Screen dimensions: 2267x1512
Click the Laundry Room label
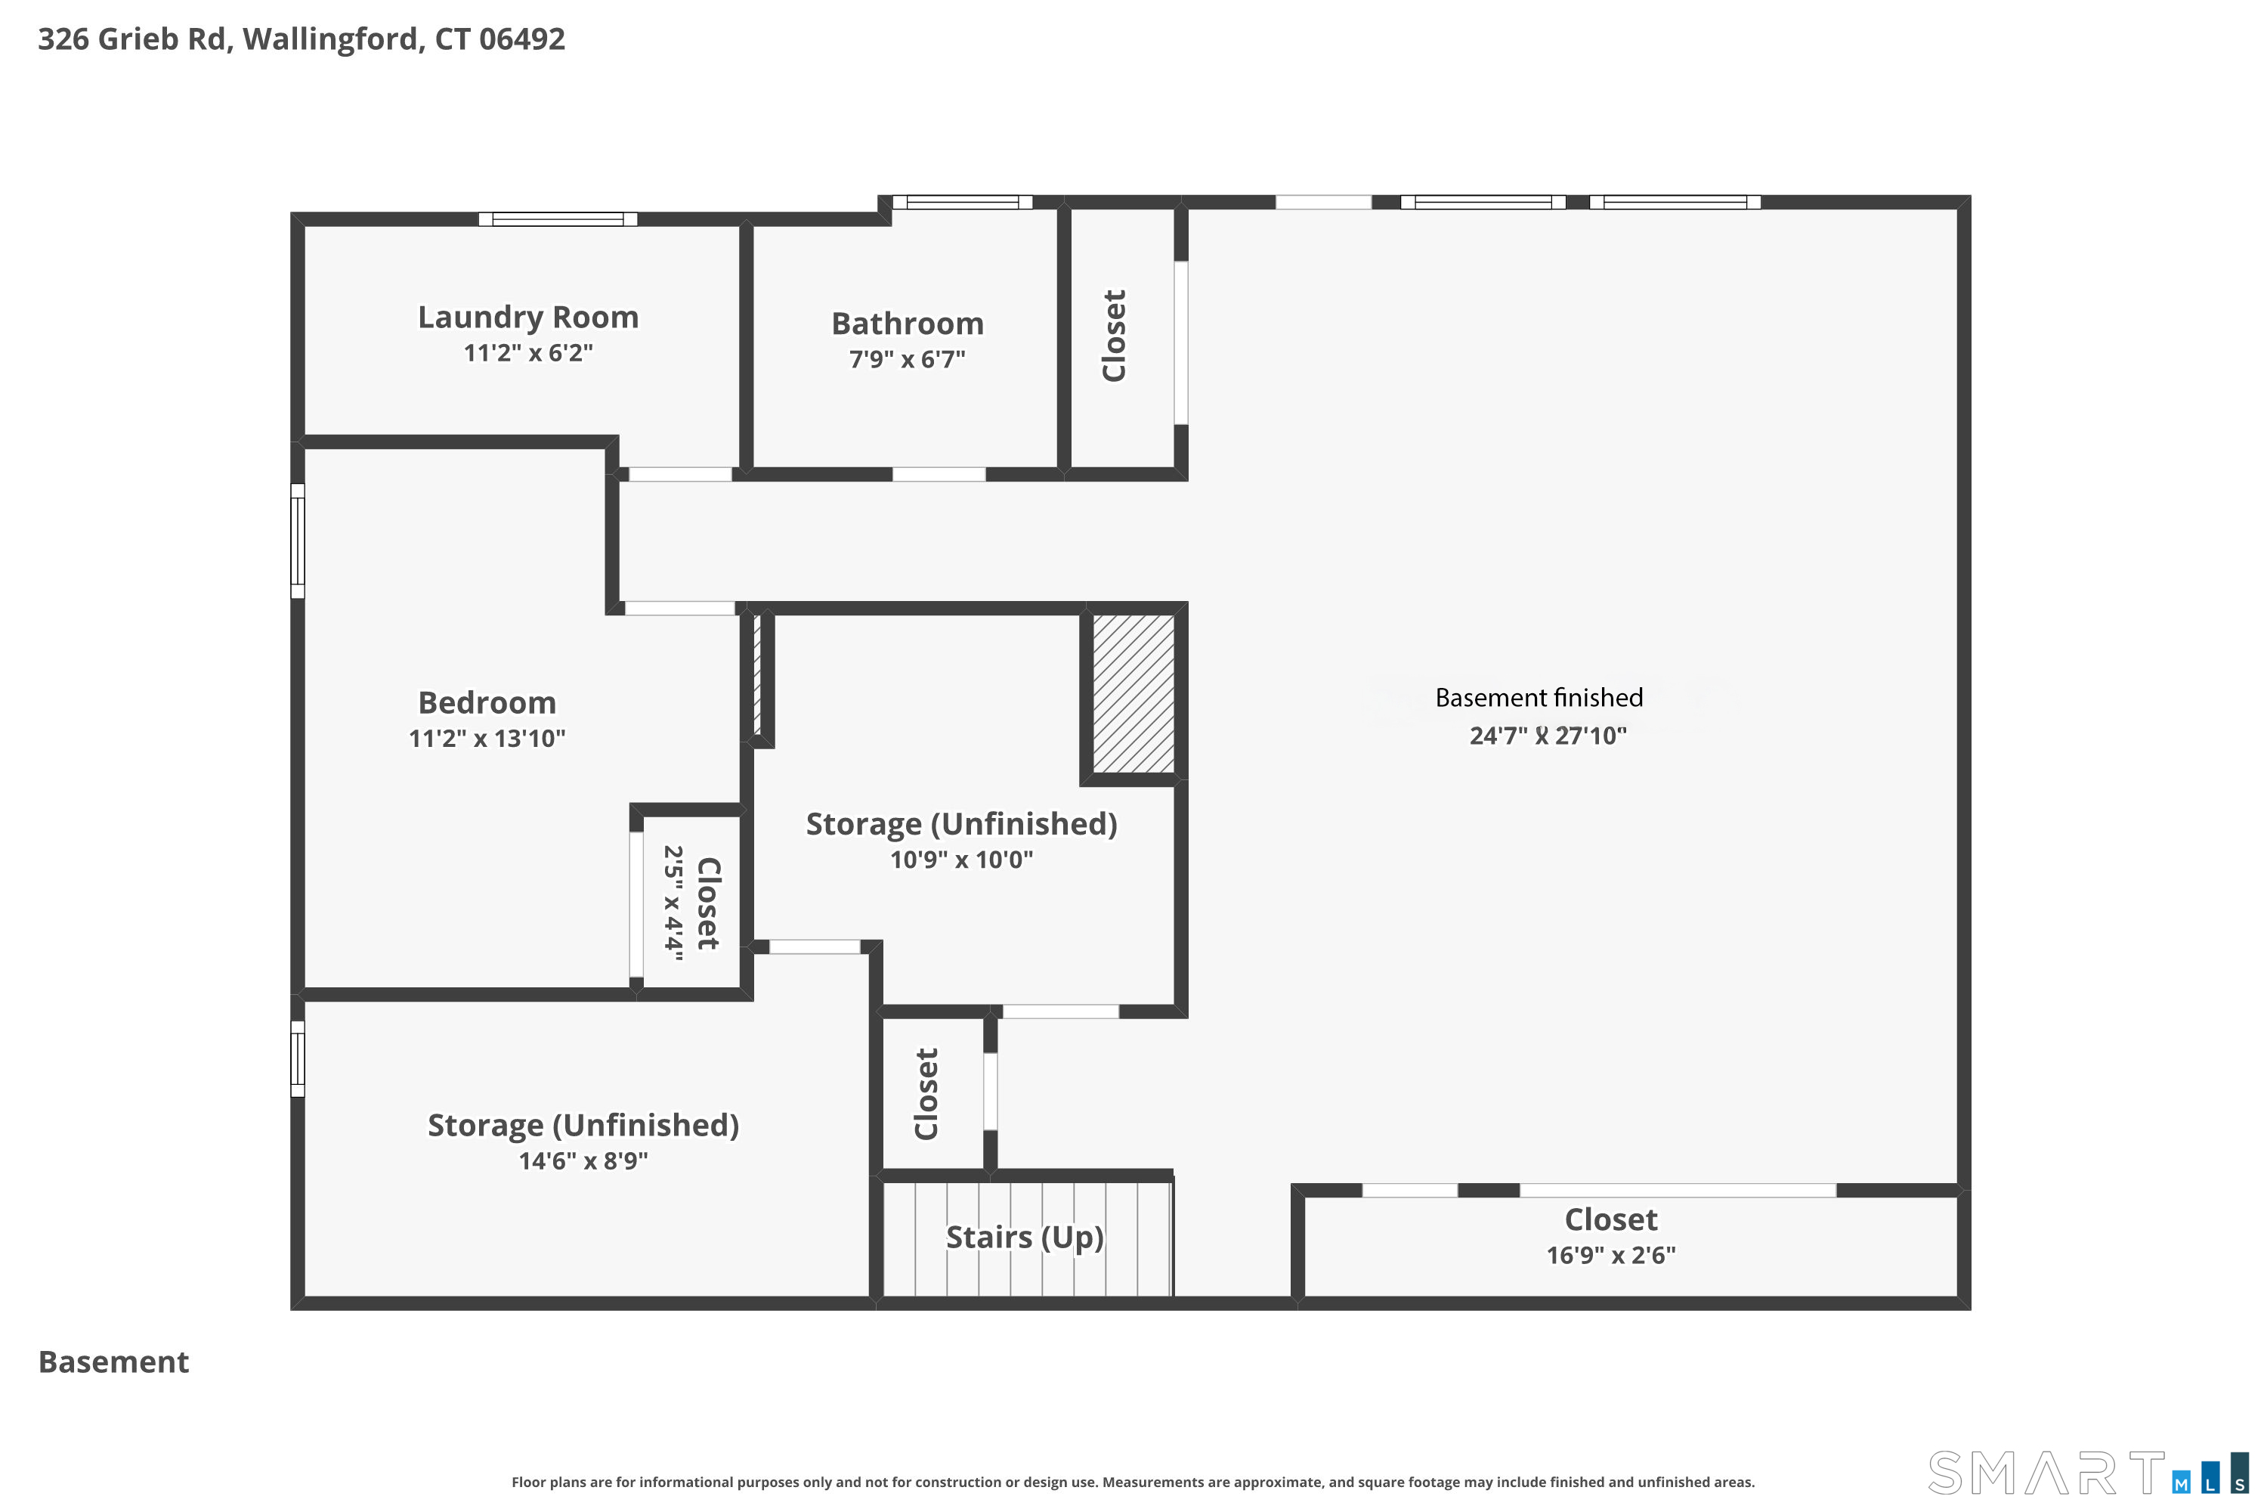[x=528, y=318]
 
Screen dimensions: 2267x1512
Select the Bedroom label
[x=487, y=703]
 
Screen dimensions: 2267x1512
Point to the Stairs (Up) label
[x=1025, y=1237]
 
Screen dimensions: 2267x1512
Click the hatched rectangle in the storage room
[x=1133, y=693]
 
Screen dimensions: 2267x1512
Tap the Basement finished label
[x=1539, y=697]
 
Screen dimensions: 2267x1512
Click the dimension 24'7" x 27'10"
[x=1548, y=736]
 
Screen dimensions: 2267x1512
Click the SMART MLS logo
[x=2088, y=1473]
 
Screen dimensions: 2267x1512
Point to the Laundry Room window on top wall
[x=558, y=219]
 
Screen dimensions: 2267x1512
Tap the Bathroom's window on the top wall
[x=962, y=203]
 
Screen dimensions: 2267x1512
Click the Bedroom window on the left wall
[x=298, y=541]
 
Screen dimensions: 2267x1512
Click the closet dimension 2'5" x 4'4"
[x=673, y=903]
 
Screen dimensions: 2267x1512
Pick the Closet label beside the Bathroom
[x=1114, y=336]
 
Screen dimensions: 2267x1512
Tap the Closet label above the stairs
[x=926, y=1093]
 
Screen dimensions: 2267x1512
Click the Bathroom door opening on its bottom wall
[x=939, y=475]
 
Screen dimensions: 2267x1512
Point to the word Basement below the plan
[x=114, y=1362]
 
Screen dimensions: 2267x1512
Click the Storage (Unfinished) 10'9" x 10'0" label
[x=962, y=840]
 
